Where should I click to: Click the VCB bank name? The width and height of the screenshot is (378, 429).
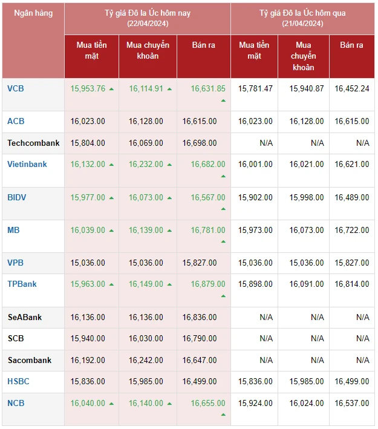point(16,88)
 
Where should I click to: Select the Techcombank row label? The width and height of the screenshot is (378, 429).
point(34,143)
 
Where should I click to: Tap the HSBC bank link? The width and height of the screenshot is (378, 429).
point(18,381)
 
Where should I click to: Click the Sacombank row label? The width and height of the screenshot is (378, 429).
point(30,360)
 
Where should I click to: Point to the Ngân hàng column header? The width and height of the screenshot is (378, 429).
point(33,13)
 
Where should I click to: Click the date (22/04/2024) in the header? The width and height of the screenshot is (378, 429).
point(148,24)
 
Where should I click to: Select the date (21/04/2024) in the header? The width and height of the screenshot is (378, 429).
point(302,24)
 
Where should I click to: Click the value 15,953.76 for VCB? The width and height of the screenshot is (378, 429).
point(88,88)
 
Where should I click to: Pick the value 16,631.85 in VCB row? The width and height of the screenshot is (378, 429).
point(208,88)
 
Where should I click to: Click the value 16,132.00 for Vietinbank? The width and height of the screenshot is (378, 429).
point(88,164)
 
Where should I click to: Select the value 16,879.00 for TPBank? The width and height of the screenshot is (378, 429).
point(208,284)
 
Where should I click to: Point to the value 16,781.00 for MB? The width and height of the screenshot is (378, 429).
point(208,230)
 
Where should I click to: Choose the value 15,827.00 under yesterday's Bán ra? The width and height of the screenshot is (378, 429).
point(352,263)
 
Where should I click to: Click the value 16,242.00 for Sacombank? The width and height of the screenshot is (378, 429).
point(146,360)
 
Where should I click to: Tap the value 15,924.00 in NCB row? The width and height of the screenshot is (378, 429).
point(255,403)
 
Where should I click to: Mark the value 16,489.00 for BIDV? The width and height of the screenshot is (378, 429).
point(352,197)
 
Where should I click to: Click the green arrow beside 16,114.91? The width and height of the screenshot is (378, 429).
point(170,89)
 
